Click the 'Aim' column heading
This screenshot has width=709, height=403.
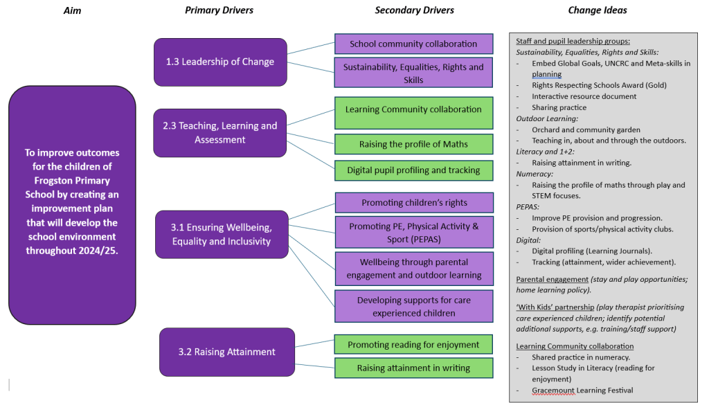point(72,10)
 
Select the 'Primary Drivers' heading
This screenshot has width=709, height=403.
point(219,10)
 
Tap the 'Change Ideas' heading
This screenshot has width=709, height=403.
point(598,10)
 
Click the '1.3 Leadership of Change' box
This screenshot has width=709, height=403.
point(220,62)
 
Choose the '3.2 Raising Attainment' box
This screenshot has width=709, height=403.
point(226,352)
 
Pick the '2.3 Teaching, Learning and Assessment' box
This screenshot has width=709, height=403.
point(219,133)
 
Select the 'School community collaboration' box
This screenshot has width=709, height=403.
point(413,44)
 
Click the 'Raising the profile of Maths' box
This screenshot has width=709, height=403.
point(413,144)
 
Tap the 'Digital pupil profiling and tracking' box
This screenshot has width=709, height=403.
point(413,170)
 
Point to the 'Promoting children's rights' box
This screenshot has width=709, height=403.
point(413,203)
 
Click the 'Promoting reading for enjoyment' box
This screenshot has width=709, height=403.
point(413,345)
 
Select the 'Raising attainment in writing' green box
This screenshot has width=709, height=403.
point(413,368)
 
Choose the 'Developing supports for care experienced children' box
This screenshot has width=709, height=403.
point(413,307)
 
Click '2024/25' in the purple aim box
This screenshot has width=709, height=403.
point(96,251)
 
